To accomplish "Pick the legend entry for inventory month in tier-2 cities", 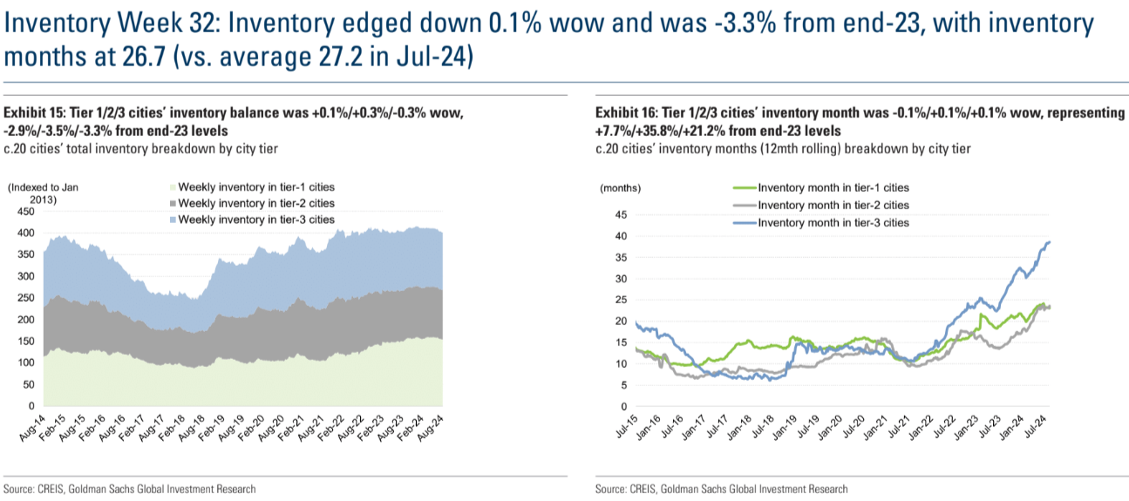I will (833, 205).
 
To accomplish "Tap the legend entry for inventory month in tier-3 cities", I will (833, 222).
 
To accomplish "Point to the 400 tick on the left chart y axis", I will (26, 234).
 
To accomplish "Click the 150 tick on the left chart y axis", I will (26, 342).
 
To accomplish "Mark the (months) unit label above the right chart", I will (620, 187).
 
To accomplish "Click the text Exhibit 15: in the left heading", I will (34, 114).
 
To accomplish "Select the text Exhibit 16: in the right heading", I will (625, 114).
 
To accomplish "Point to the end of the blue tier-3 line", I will (1049, 242).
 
